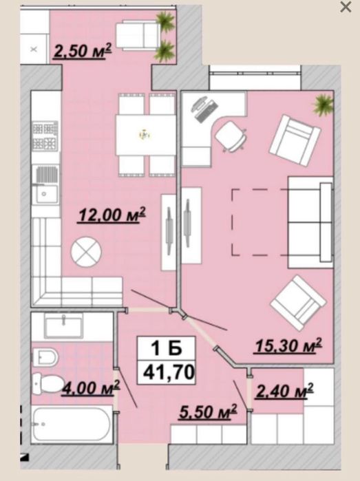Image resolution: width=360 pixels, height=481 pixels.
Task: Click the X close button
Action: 346,7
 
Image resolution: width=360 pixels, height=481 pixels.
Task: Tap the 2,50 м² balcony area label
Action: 82,51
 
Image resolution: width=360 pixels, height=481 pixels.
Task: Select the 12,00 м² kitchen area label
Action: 112,215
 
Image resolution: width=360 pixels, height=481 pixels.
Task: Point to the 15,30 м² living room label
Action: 288,345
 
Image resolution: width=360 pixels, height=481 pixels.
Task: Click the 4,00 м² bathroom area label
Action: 91,387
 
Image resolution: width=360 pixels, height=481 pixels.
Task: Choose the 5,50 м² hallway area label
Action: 208,411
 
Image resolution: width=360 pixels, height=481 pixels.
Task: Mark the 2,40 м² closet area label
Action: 284,391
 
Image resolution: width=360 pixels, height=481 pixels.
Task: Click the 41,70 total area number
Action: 169,372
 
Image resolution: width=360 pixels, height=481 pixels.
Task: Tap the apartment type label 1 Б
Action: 166,348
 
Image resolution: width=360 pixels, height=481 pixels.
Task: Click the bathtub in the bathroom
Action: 72,425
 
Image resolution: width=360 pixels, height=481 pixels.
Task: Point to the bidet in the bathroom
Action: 45,357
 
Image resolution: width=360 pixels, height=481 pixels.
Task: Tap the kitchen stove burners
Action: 45,136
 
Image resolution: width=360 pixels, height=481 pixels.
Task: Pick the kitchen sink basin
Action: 45,194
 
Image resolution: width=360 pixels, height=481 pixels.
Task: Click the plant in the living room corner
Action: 323,105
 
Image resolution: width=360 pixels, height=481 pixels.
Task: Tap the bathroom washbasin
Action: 63,326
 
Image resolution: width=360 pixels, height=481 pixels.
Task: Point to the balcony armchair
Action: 138,35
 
